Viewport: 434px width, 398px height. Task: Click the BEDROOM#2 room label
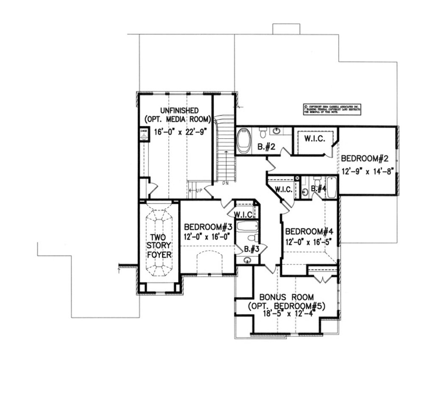click(x=365, y=159)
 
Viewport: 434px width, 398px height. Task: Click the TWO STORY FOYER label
click(x=159, y=245)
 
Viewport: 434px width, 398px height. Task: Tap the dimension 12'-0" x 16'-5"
click(x=307, y=242)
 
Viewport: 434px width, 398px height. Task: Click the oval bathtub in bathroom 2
click(x=244, y=141)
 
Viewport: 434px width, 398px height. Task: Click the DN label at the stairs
click(x=225, y=184)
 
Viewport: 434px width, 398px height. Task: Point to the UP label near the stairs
click(x=198, y=191)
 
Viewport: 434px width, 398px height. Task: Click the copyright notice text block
click(x=332, y=109)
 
